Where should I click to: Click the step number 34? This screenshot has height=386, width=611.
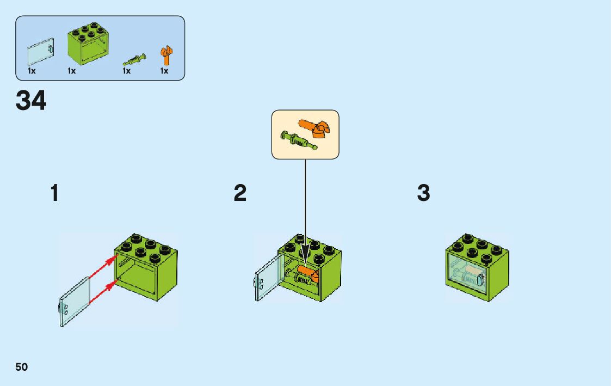(x=31, y=101)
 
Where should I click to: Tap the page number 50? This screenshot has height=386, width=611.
(x=22, y=367)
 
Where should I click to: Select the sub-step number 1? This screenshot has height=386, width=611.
(x=54, y=193)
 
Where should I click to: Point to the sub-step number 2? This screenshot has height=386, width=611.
(x=240, y=193)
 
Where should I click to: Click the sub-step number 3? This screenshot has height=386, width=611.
(x=423, y=193)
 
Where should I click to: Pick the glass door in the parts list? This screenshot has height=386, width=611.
(x=41, y=52)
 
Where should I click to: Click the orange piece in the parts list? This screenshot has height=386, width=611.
(x=165, y=55)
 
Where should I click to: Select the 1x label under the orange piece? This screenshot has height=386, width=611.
(x=164, y=71)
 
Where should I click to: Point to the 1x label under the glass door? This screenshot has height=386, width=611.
(x=32, y=71)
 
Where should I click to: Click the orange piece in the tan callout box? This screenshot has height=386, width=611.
(x=312, y=127)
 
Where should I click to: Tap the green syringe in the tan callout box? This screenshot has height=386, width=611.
(x=298, y=140)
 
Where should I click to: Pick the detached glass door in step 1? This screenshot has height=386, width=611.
(x=75, y=302)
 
